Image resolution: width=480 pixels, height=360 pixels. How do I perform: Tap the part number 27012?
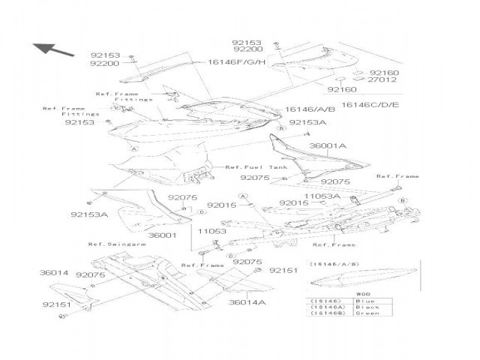382,79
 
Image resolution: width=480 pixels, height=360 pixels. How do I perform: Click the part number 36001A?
328,146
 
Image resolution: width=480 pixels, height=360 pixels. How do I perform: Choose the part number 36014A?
247,302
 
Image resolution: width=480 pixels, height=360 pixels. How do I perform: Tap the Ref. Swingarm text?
109,244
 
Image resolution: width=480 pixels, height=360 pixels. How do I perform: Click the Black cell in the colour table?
366,307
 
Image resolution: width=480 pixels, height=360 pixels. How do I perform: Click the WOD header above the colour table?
363,295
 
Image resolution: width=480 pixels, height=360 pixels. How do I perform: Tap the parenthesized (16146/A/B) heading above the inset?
334,265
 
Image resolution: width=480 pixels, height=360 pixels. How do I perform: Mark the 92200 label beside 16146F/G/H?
105,64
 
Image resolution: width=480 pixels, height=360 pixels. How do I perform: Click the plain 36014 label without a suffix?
54,273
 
